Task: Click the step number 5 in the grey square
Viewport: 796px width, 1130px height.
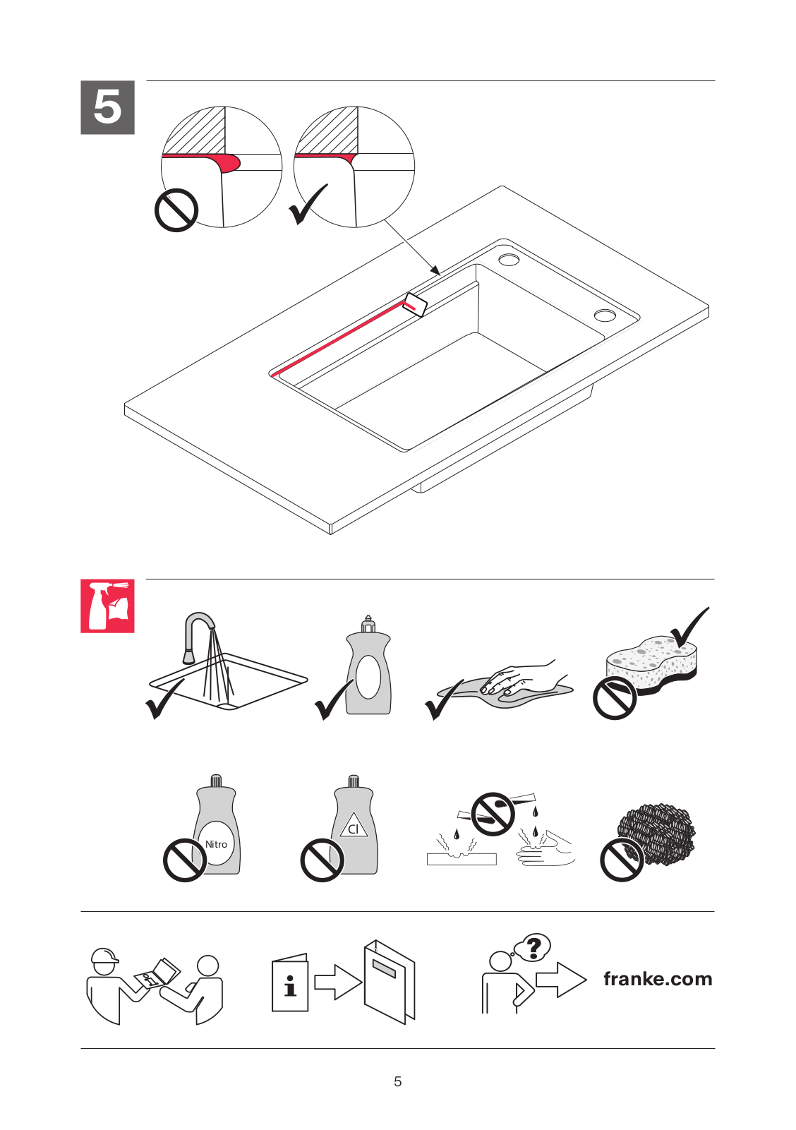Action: click(x=107, y=107)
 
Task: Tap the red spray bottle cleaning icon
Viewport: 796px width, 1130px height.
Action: click(x=107, y=606)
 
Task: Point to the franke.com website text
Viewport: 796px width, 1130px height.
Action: click(x=658, y=979)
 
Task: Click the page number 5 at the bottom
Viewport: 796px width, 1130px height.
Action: click(x=398, y=1081)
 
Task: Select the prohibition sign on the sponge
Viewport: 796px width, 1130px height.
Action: click(x=615, y=697)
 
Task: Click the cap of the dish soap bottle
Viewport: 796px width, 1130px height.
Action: click(x=368, y=624)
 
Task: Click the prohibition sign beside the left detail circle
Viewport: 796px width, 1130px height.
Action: click(x=176, y=210)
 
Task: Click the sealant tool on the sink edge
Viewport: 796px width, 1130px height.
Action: click(x=416, y=304)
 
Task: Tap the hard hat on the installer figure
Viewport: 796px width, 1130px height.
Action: click(x=104, y=956)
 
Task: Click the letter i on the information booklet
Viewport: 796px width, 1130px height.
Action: click(x=290, y=985)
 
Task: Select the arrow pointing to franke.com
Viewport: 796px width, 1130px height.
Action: click(x=560, y=980)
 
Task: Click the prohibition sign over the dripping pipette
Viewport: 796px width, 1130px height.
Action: click(x=493, y=813)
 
